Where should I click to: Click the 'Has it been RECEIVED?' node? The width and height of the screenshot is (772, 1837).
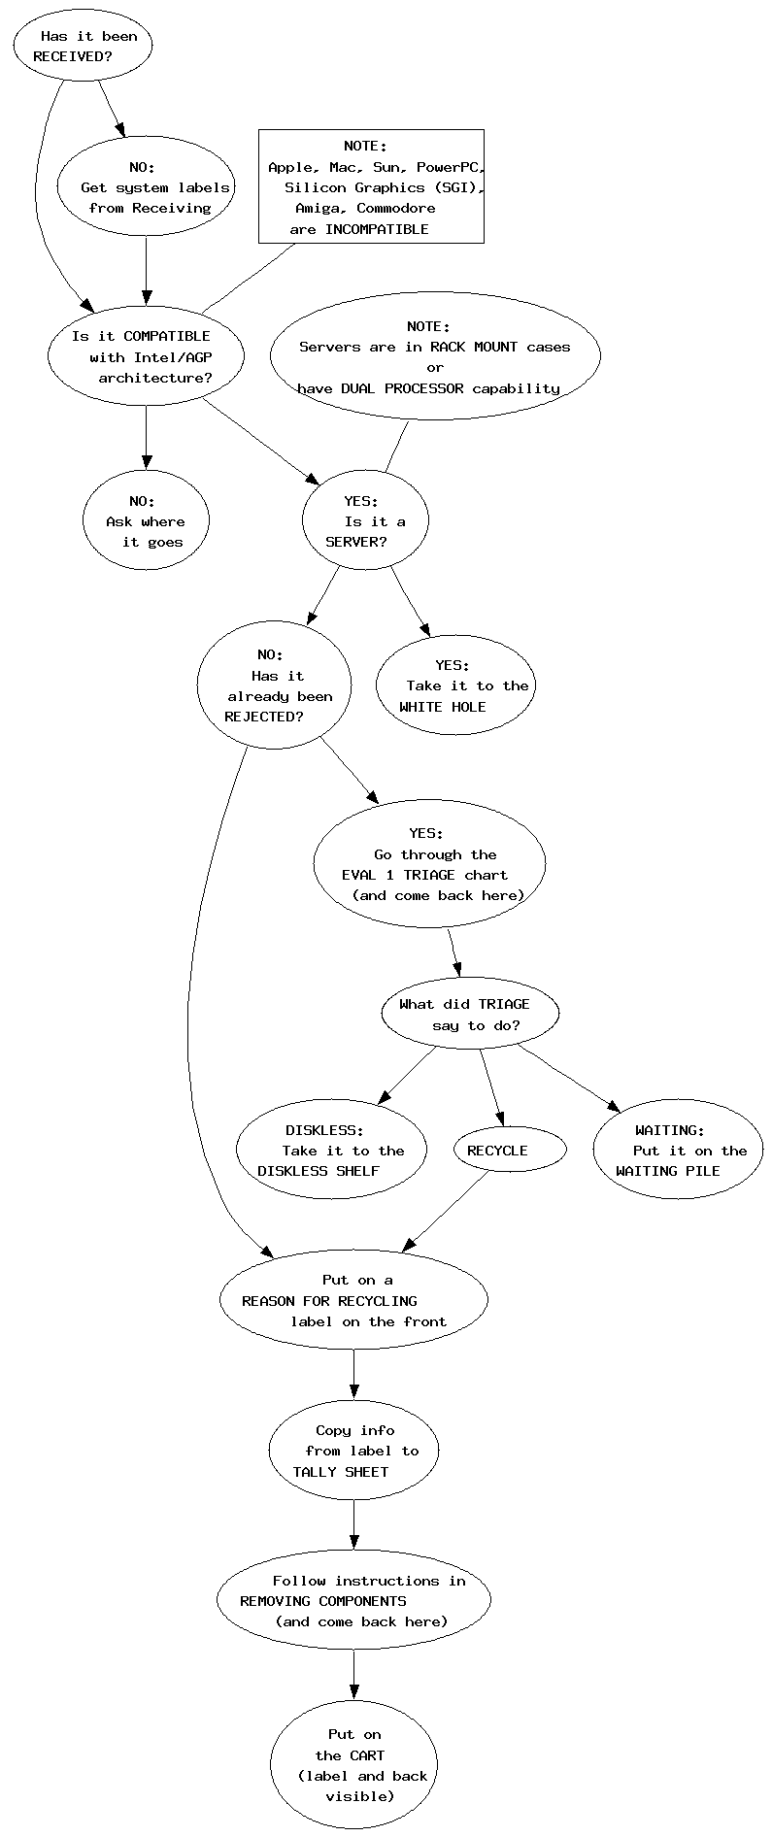coord(83,47)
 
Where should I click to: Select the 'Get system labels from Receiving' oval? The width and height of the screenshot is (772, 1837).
coord(146,187)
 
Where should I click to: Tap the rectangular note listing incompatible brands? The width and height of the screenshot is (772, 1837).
coord(371,186)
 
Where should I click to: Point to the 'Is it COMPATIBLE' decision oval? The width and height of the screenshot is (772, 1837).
coord(146,357)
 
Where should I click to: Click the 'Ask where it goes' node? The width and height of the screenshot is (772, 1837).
coord(146,521)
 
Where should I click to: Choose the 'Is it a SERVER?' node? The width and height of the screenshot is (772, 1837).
coord(365,521)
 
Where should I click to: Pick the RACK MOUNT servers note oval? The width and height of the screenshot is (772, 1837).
coord(434,357)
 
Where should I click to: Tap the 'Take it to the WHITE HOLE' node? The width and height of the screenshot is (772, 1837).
coord(455,685)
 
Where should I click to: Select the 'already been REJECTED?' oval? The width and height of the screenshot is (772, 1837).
coord(273,685)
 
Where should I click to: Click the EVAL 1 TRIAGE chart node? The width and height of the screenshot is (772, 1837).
coord(429,864)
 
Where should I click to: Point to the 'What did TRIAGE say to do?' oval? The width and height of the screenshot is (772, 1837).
coord(470,1015)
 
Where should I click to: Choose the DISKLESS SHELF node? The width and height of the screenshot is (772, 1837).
coord(331,1151)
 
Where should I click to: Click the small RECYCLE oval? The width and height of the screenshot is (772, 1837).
coord(509,1151)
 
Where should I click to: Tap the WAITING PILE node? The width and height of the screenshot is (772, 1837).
coord(678,1151)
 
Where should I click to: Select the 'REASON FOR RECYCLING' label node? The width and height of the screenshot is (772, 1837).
coord(353,1301)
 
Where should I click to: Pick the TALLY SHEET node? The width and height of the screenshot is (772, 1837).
coord(353,1451)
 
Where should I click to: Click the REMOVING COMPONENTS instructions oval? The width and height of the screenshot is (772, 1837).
coord(353,1600)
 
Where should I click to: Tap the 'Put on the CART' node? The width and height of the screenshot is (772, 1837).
coord(353,1765)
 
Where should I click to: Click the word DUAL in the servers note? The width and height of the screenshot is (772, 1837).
coord(359,388)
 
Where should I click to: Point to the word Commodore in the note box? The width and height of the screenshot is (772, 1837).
coord(395,209)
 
